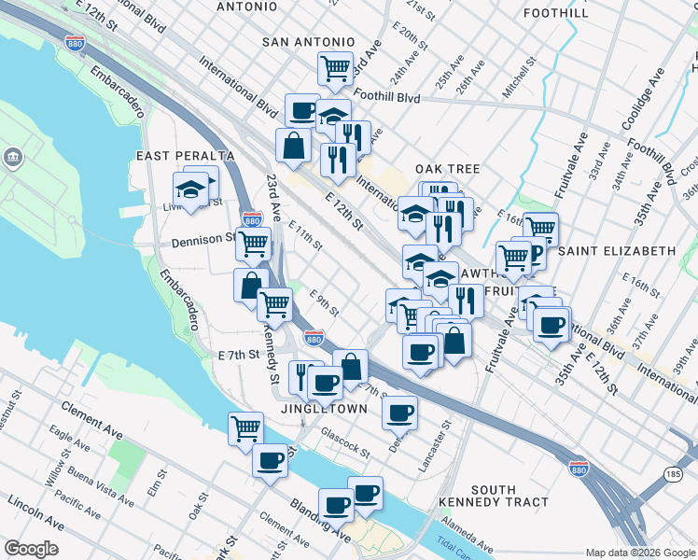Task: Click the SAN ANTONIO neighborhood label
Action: tap(308, 42)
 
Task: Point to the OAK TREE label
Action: tap(448, 169)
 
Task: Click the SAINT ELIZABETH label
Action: tap(617, 251)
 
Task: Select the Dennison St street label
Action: tap(202, 241)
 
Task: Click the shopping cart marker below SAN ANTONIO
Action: tap(334, 67)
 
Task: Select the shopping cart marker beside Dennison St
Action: tap(252, 245)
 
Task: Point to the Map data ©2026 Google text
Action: tap(639, 553)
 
